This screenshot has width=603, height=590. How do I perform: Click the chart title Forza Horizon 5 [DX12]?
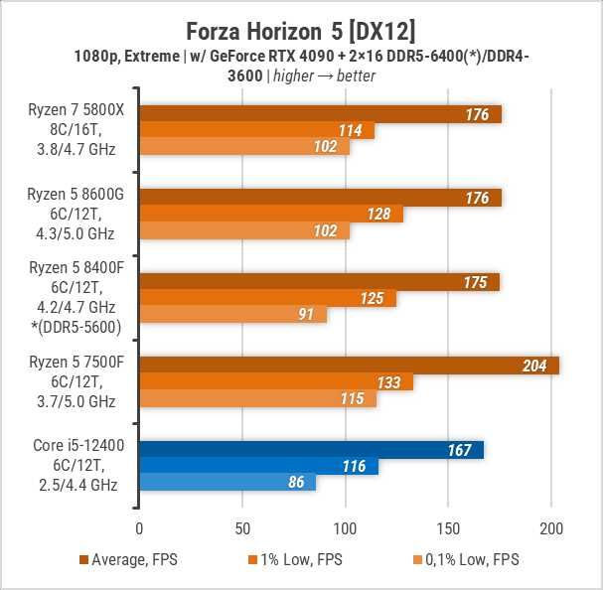pyautogui.click(x=301, y=22)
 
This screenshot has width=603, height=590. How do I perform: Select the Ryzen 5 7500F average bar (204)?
pyautogui.click(x=349, y=366)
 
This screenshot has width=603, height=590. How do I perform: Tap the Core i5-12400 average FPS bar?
pyautogui.click(x=311, y=450)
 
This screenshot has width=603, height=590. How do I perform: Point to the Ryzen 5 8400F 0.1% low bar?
pyautogui.click(x=232, y=315)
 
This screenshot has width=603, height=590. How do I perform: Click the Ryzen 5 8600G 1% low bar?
pyautogui.click(x=270, y=215)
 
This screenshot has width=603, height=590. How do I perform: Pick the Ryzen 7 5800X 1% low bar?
pyautogui.click(x=256, y=130)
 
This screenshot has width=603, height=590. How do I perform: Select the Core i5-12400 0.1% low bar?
pyautogui.click(x=226, y=483)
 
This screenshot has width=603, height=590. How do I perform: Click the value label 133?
pyautogui.click(x=391, y=382)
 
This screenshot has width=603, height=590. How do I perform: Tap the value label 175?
pyautogui.click(x=475, y=282)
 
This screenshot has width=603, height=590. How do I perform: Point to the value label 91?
pyautogui.click(x=308, y=315)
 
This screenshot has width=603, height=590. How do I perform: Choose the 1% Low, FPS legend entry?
pyautogui.click(x=299, y=560)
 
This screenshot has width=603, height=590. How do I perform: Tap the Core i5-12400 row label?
pyautogui.click(x=71, y=467)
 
